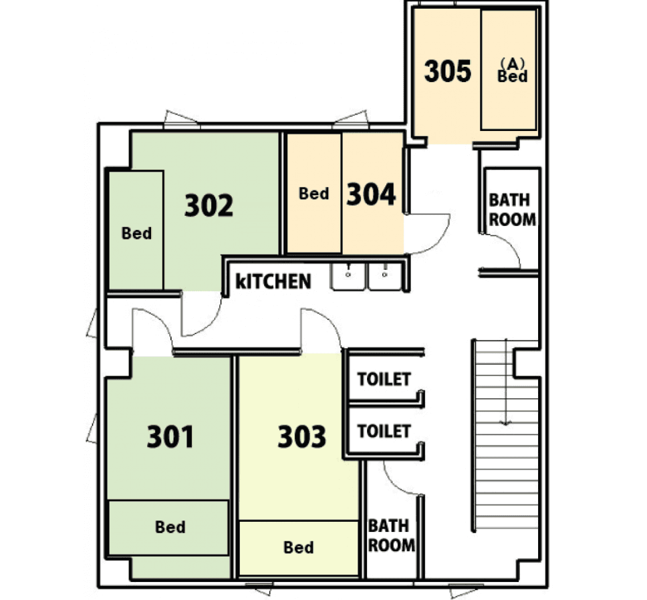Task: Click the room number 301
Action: (x=170, y=437)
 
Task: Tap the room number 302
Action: (x=209, y=206)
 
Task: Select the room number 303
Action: (x=302, y=437)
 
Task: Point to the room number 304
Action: (x=371, y=194)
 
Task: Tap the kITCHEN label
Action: (x=274, y=281)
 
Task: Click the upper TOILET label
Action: (x=384, y=380)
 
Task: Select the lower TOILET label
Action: (x=384, y=431)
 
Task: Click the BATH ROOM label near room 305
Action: (x=512, y=209)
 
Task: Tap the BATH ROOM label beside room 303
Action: (x=392, y=535)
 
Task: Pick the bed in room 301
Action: (x=170, y=527)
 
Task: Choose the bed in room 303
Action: (x=298, y=548)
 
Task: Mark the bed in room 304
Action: (x=313, y=194)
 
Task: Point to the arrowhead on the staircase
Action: (x=506, y=422)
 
